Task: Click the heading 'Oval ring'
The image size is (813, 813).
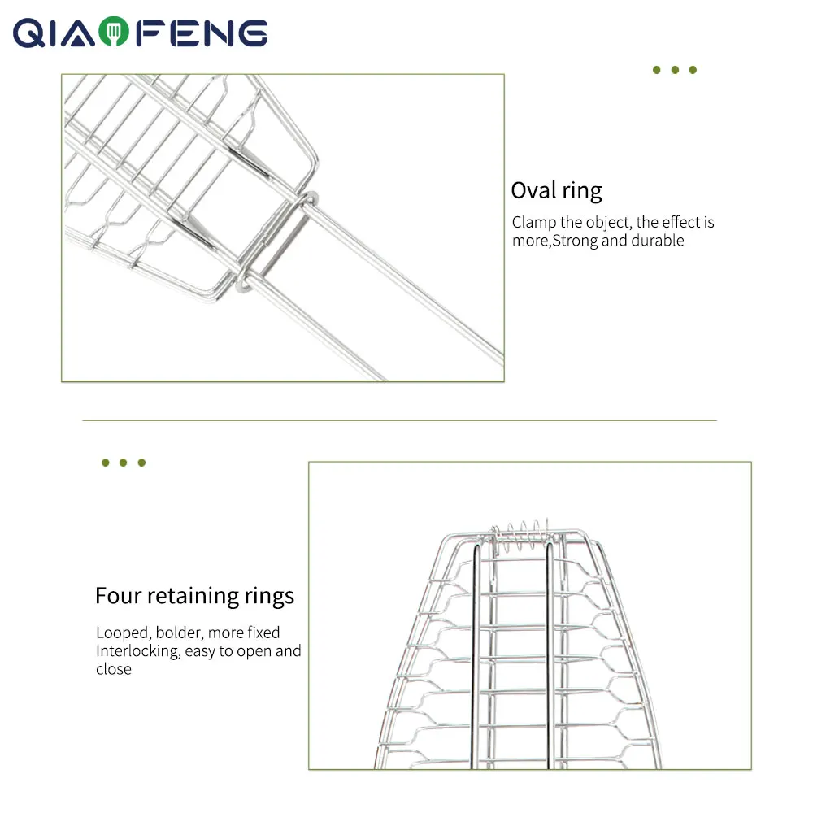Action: click(x=556, y=191)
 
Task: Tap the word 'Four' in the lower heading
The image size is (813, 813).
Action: click(x=117, y=596)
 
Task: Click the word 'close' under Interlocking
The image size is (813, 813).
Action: click(x=113, y=670)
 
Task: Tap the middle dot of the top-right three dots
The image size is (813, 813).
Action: click(x=675, y=71)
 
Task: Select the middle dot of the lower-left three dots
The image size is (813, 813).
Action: click(x=123, y=463)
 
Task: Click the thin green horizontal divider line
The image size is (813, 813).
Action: click(x=398, y=420)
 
